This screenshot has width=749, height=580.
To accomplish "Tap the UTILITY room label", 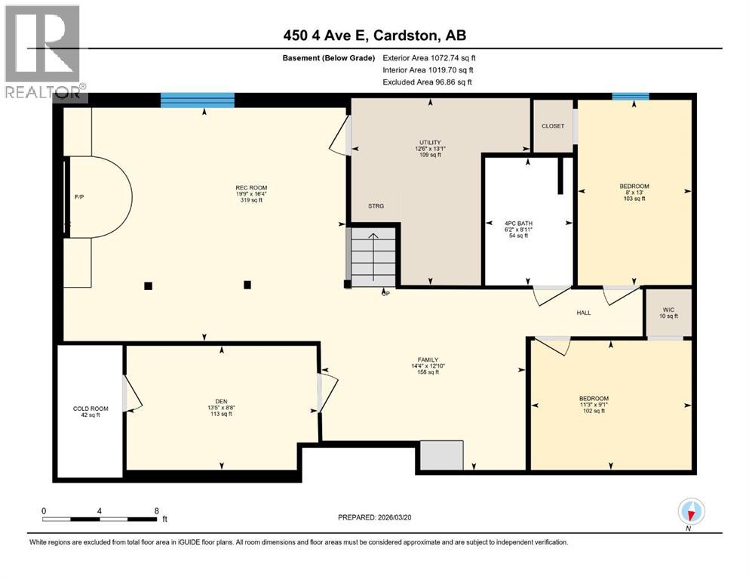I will point(430,142).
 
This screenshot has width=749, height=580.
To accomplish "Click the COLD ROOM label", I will point(91,409).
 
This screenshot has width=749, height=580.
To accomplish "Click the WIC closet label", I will point(668,308).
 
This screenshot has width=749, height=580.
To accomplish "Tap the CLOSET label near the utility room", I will point(553,126).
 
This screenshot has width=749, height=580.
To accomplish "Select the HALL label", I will point(584,312).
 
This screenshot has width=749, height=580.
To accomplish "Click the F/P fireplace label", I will point(78,197).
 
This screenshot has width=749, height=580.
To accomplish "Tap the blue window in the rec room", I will point(198,100).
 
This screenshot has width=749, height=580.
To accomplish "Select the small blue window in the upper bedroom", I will point(631,97).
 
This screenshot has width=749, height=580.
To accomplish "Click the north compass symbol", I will point(691,512).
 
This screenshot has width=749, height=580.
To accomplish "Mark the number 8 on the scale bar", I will point(156,511).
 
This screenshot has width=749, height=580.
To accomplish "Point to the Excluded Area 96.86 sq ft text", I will point(429,82).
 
